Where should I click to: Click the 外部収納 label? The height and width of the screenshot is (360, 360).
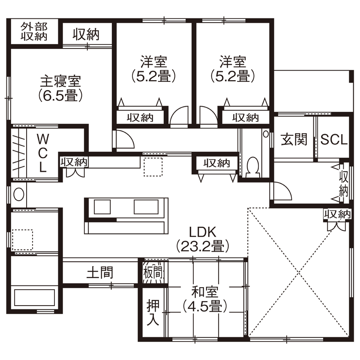pos(34,31)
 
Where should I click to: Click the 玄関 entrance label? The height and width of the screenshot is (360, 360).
pos(294,140)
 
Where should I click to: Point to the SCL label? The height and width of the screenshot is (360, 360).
pos(334,140)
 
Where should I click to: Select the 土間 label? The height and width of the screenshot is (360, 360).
pos(100,272)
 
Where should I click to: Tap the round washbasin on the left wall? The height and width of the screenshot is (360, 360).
pos(19,194)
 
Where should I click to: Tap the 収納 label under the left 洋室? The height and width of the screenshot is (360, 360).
pos(140,117)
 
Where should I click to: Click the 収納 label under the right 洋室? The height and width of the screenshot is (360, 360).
pos(246,117)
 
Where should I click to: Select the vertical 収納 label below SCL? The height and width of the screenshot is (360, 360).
pos(344,183)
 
